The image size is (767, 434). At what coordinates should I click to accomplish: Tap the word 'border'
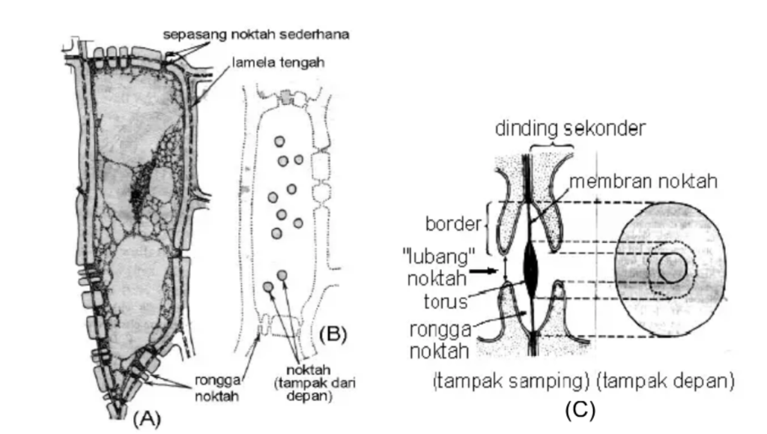point(452,224)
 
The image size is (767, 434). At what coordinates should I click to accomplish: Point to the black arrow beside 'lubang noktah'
point(488,272)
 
